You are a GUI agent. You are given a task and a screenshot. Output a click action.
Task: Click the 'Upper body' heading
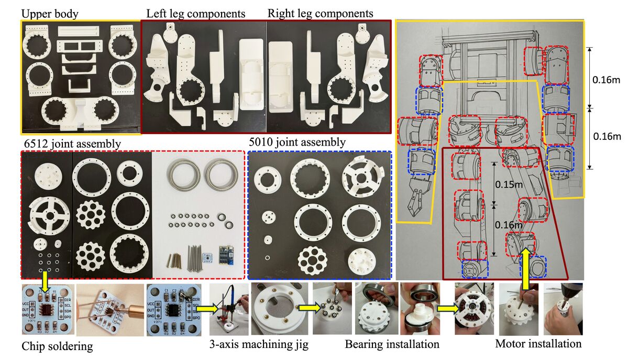(x=51, y=13)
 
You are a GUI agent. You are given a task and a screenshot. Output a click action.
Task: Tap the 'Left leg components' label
(x=196, y=13)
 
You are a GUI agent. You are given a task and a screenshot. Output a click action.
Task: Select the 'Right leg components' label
(x=321, y=13)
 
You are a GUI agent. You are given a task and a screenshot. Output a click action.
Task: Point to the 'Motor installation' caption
(x=538, y=344)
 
